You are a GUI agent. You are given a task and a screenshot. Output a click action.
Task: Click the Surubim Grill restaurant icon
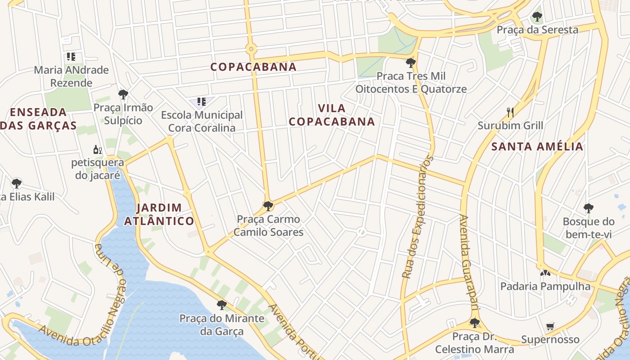510,112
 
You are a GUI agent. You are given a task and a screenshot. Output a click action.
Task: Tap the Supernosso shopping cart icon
550,326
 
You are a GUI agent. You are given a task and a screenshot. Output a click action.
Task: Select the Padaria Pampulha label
545,286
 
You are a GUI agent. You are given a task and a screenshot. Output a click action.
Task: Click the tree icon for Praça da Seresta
536,17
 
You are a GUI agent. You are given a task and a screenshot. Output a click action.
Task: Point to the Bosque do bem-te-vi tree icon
588,208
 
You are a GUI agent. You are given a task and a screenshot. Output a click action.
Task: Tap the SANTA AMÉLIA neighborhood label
537,146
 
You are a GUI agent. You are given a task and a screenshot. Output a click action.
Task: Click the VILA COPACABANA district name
332,115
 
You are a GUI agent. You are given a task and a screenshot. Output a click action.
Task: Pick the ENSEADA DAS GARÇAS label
38,118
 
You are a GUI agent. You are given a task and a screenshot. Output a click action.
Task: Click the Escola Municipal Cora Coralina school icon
201,102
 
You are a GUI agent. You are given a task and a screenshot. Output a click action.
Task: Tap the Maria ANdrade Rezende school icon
71,57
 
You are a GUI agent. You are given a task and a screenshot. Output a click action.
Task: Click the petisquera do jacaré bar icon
97,149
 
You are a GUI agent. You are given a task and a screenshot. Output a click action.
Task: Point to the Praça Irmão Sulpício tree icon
123,94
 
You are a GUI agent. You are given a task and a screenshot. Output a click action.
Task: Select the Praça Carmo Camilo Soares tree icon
268,206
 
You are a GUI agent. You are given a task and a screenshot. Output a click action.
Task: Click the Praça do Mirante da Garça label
222,324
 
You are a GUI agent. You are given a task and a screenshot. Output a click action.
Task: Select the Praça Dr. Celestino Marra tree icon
474,323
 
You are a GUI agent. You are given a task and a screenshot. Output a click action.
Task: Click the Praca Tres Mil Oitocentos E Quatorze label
411,82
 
